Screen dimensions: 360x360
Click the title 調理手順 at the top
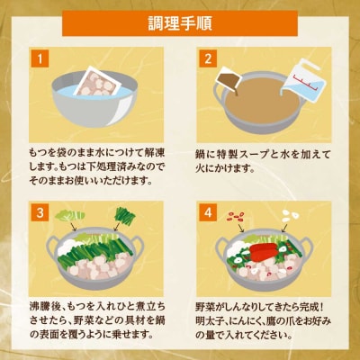click(180, 20)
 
